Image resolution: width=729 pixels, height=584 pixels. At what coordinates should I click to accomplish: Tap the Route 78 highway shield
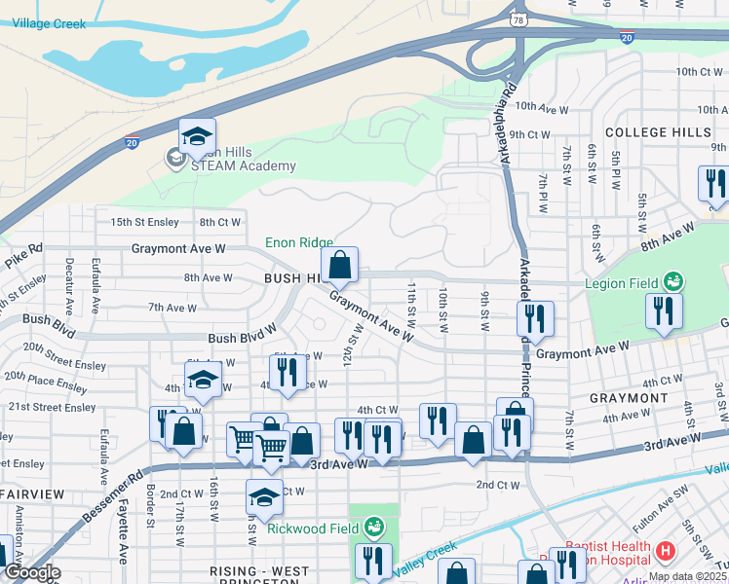click(x=516, y=18)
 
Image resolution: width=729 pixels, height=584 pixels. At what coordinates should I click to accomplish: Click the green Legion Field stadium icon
click(x=671, y=282)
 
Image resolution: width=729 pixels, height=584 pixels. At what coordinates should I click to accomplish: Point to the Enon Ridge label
click(x=299, y=242)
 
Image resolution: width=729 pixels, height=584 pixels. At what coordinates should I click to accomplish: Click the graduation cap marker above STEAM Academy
click(x=197, y=137)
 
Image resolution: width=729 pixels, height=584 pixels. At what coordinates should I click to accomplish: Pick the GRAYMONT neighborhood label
click(x=628, y=398)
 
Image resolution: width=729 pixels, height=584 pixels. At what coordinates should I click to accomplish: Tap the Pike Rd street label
click(x=23, y=258)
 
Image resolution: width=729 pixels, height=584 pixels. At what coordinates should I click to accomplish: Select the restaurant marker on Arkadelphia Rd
click(x=535, y=319)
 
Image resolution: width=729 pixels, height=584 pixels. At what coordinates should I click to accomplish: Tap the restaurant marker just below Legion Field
click(x=663, y=312)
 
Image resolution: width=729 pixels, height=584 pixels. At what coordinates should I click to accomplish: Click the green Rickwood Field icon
click(x=374, y=529)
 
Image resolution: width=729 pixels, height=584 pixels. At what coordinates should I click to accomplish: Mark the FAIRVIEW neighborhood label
click(x=32, y=494)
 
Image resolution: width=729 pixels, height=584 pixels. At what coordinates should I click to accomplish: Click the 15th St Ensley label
click(x=144, y=222)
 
